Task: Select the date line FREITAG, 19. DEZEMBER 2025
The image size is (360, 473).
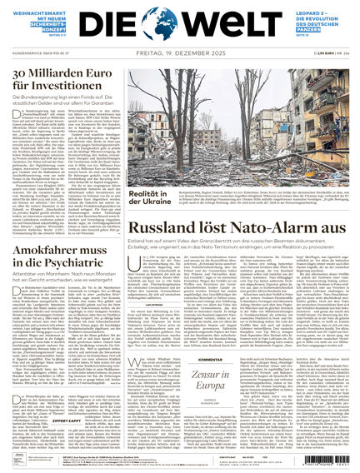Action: pyautogui.click(x=179, y=53)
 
